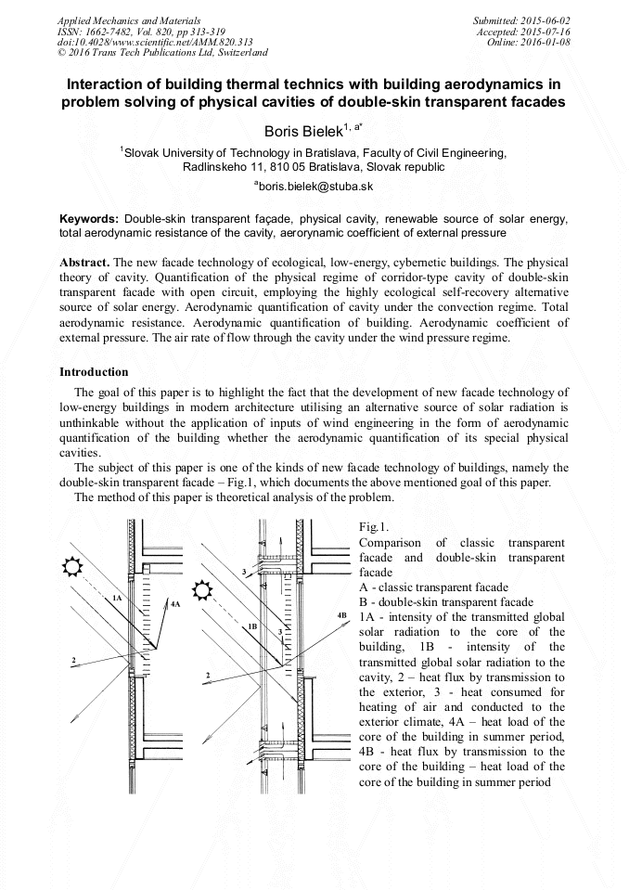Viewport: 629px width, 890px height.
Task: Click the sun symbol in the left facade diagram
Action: point(71,566)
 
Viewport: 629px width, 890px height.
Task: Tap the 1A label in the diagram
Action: point(117,599)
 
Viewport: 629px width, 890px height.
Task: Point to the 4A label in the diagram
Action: point(175,603)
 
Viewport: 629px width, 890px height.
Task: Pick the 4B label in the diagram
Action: point(341,616)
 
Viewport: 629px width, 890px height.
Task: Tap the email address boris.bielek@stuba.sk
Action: point(314,187)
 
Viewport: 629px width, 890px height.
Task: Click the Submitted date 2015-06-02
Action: point(544,19)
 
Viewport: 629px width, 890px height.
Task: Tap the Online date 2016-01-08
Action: point(549,42)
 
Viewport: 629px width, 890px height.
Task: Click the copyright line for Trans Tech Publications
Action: point(162,53)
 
